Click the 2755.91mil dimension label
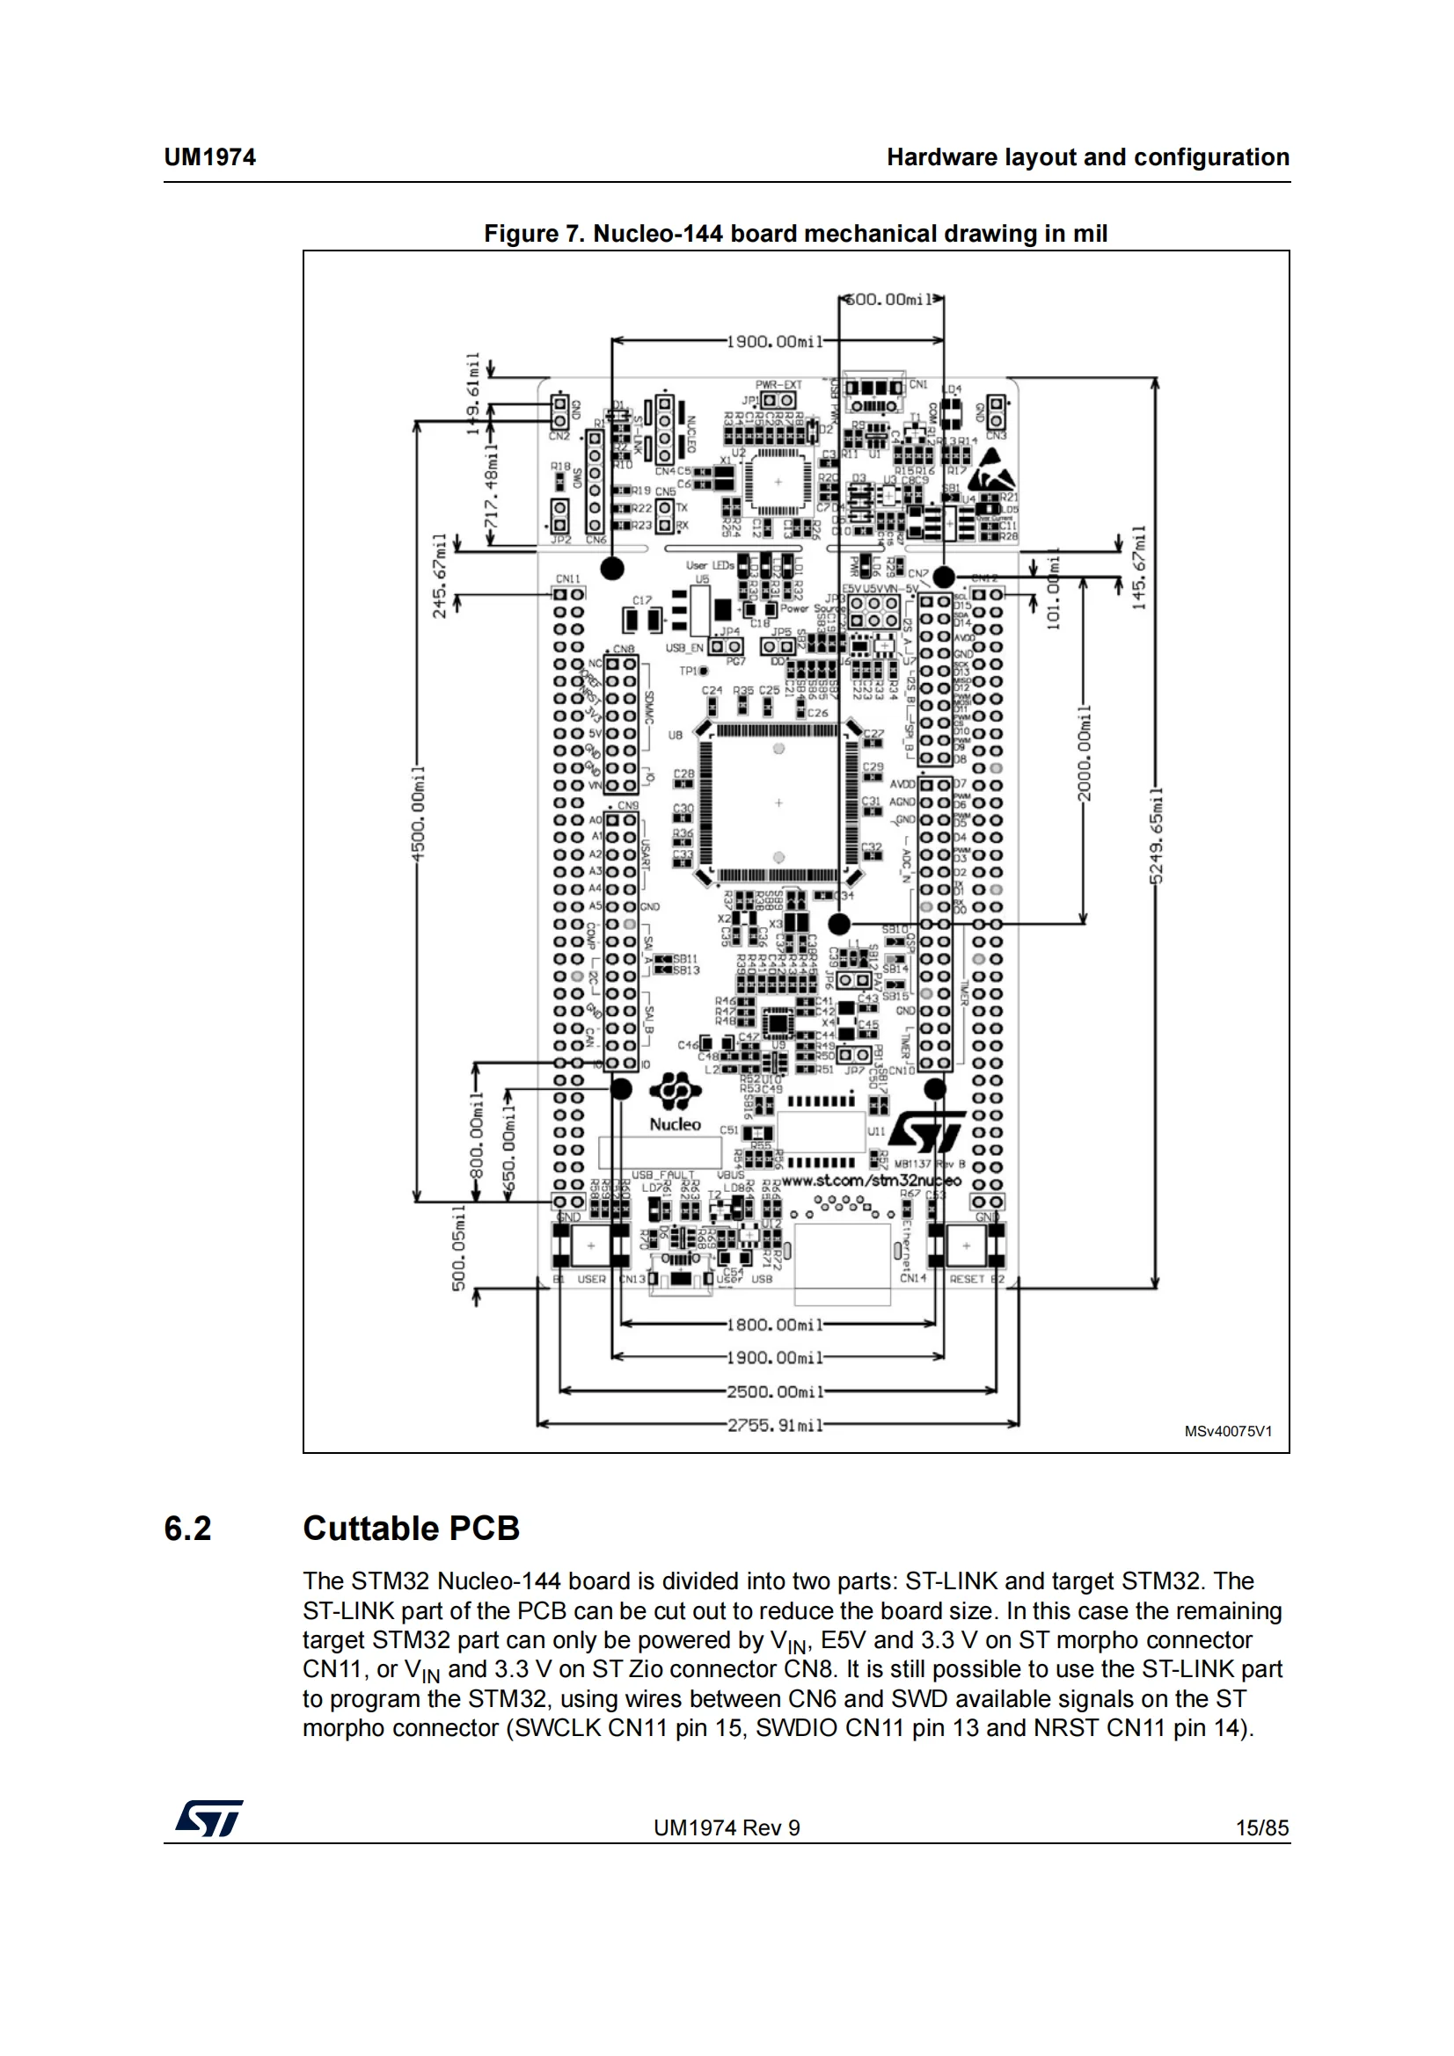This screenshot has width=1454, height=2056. [775, 1425]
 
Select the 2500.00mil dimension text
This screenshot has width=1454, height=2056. [775, 1391]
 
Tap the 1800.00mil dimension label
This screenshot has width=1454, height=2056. [775, 1325]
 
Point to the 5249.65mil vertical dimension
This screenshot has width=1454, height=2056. [1157, 834]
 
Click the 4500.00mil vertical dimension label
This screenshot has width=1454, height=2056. [418, 813]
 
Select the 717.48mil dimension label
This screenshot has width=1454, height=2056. [490, 491]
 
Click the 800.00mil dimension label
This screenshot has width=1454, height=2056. [477, 1137]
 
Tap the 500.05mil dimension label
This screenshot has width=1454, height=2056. [458, 1248]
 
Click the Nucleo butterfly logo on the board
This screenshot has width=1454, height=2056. [675, 1091]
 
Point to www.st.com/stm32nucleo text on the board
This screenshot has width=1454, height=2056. [871, 1181]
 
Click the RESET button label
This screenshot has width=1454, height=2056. [967, 1279]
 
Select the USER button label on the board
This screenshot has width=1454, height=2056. [591, 1279]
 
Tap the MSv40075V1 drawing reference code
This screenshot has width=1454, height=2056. [1227, 1431]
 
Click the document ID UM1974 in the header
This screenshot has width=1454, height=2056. [209, 157]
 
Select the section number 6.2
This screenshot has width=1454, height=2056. [187, 1529]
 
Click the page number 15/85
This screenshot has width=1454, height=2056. [1261, 1827]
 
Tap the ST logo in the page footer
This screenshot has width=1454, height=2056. [209, 1818]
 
